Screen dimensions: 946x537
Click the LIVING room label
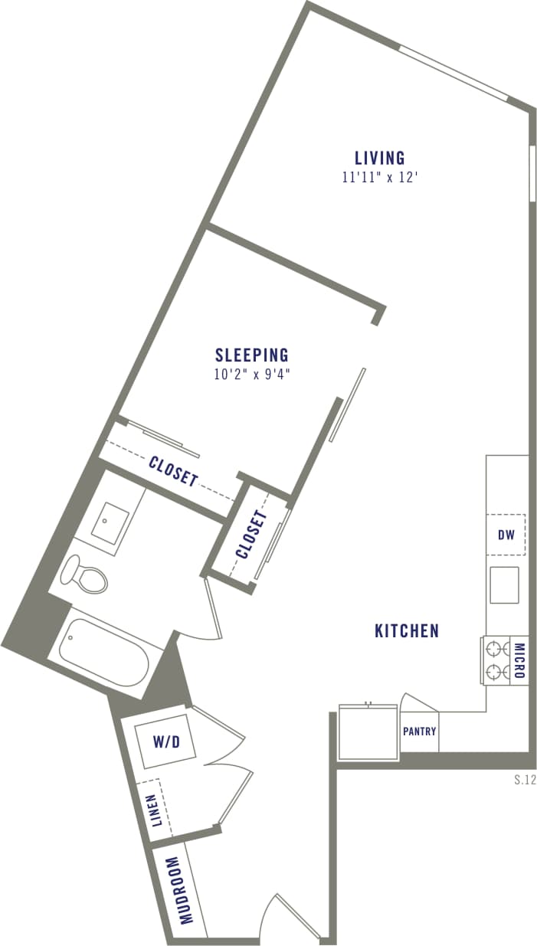coord(379,159)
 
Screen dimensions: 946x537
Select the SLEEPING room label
coord(251,355)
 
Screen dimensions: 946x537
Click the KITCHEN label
coord(407,630)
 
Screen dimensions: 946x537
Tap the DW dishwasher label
coord(506,535)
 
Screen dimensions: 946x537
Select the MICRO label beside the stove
coord(519,661)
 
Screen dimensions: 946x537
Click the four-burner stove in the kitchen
coord(496,661)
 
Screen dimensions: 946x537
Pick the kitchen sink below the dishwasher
coord(504,584)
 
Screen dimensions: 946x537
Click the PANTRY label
coord(419,732)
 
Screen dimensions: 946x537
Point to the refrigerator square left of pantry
coord(368,732)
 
